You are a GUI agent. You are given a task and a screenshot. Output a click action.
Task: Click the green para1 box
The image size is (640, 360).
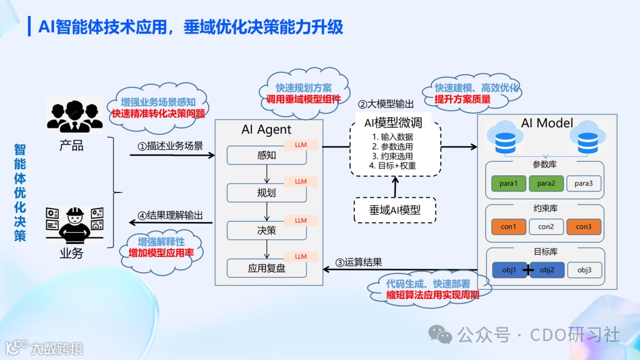click(x=508, y=184)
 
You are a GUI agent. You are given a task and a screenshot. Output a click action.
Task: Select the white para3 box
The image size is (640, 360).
click(x=583, y=184)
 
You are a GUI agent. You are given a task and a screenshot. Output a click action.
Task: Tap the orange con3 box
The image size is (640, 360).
click(x=583, y=227)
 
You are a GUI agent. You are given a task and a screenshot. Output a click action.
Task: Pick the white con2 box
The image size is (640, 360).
click(x=546, y=227)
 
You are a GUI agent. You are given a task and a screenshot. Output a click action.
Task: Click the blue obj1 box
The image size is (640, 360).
click(x=508, y=271)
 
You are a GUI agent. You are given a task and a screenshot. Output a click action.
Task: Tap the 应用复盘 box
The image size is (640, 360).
click(x=267, y=268)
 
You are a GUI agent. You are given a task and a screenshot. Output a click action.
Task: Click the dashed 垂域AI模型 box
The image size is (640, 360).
click(x=395, y=210)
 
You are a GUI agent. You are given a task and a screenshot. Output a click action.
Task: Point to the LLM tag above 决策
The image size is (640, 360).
click(x=301, y=220)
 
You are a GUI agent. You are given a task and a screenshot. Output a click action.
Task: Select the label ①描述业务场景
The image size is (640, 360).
click(x=170, y=146)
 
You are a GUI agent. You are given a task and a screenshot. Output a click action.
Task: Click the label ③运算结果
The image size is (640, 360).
click(x=359, y=262)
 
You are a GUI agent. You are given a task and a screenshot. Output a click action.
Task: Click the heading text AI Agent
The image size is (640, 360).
click(x=267, y=130)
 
